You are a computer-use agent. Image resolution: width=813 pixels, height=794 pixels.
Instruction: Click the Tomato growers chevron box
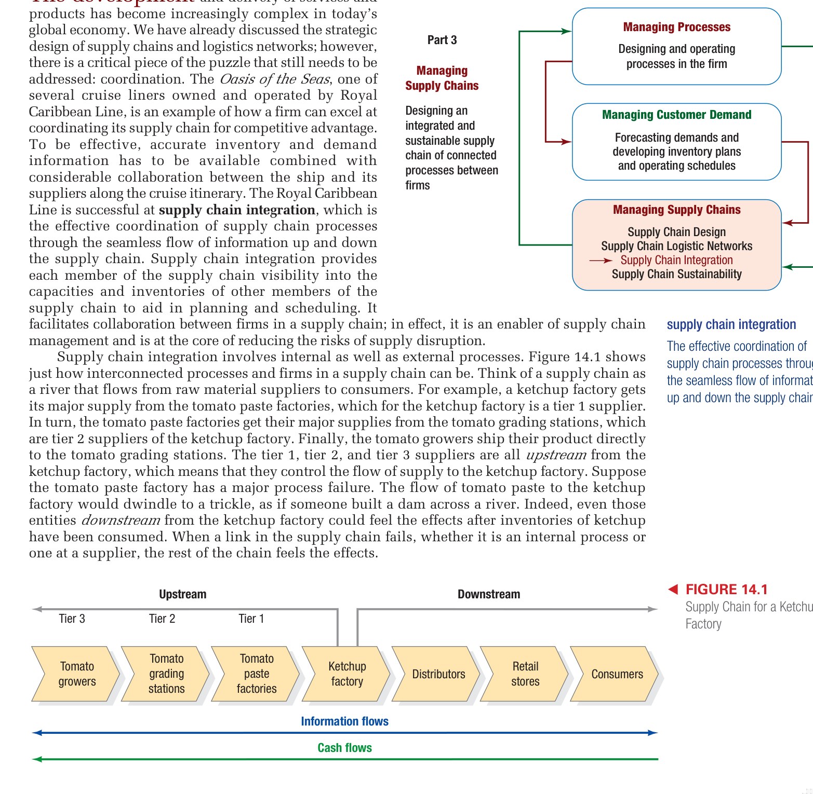[x=76, y=674]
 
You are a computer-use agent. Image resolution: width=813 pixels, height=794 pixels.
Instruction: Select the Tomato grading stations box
[x=166, y=674]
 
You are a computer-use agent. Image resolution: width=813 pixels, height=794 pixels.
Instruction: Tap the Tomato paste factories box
[x=256, y=674]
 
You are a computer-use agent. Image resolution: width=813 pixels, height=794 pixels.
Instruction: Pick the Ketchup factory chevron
[x=346, y=674]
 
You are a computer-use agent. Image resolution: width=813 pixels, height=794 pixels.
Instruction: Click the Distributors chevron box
[x=438, y=674]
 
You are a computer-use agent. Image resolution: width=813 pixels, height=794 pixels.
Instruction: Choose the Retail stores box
[x=525, y=674]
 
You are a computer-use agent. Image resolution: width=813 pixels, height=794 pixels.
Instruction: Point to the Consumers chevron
[x=617, y=674]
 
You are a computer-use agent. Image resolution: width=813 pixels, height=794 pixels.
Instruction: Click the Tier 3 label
[x=72, y=619]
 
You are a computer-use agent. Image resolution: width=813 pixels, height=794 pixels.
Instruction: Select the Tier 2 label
[x=162, y=619]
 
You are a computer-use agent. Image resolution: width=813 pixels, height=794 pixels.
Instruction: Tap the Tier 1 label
[x=251, y=619]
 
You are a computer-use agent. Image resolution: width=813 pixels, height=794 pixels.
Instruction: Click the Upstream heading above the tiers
[x=182, y=594]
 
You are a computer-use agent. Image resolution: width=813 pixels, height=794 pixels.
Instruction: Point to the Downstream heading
[x=488, y=594]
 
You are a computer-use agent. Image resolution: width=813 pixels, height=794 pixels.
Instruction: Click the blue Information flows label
[x=344, y=721]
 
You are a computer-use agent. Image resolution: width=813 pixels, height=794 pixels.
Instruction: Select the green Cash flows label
[x=344, y=748]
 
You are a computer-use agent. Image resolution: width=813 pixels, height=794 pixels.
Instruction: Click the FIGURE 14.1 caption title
[x=726, y=590]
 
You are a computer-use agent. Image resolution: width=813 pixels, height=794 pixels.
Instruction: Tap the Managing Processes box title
[x=676, y=27]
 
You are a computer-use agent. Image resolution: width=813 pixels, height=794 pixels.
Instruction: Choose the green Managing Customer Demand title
[x=676, y=115]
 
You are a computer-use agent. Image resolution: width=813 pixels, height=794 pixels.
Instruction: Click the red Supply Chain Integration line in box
[x=676, y=260]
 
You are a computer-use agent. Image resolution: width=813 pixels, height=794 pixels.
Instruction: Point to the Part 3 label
[x=442, y=40]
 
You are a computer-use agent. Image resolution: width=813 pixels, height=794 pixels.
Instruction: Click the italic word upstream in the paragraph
[x=556, y=455]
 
